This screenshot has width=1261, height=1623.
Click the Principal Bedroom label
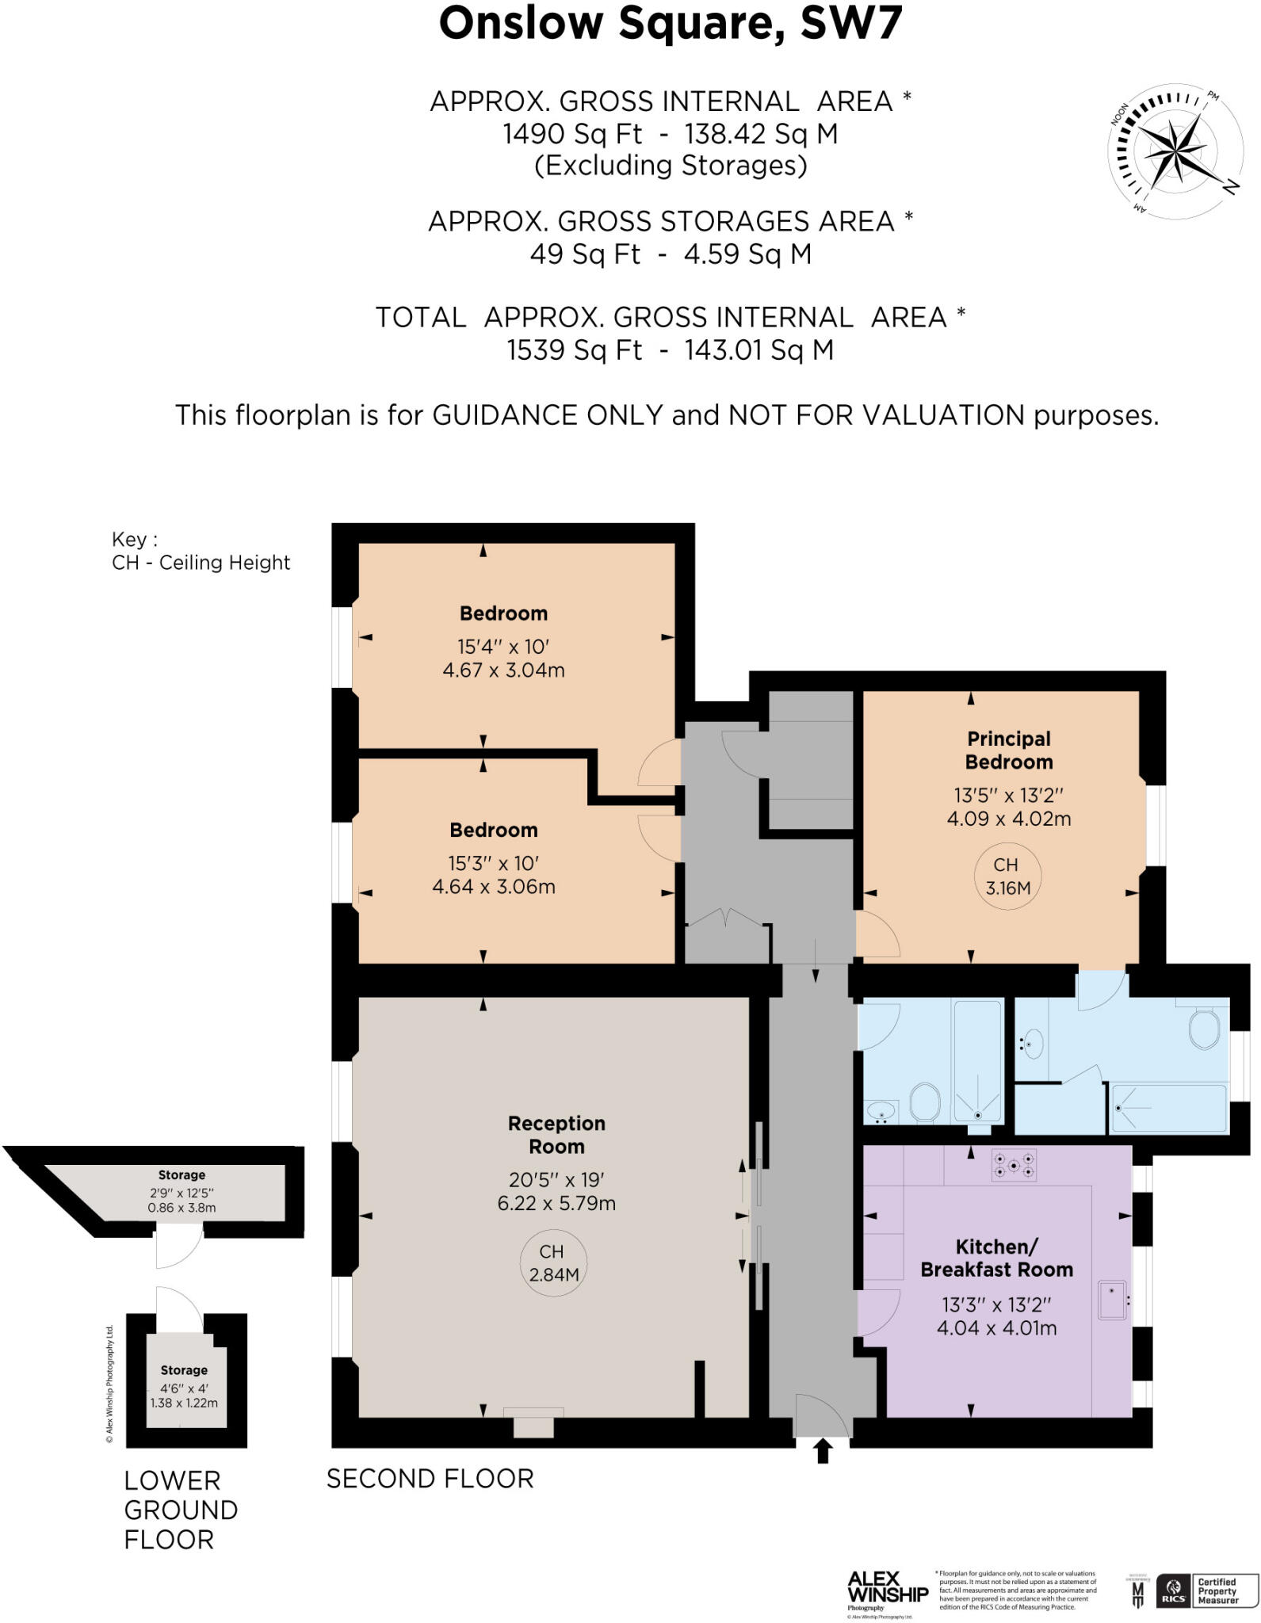(1008, 750)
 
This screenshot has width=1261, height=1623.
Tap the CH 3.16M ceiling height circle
(1007, 876)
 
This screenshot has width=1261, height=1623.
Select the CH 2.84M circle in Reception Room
(553, 1262)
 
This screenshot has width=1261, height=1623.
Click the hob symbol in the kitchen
(1014, 1165)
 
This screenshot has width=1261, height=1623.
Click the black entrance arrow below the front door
(823, 1451)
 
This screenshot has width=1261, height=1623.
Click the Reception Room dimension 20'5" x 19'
(556, 1179)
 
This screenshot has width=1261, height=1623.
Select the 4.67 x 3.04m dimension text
(503, 670)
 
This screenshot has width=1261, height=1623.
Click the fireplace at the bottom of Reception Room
(533, 1423)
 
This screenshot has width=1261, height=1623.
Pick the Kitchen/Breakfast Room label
(996, 1258)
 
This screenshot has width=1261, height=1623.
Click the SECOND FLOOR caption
(430, 1479)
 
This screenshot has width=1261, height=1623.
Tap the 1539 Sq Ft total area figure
(574, 349)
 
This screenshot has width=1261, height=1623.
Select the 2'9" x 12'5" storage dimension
(182, 1193)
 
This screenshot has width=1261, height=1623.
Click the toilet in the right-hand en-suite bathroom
(1204, 1029)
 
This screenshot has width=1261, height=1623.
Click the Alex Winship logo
(887, 1589)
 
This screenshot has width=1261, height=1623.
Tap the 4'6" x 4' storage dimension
(184, 1388)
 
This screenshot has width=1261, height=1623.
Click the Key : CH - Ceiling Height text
(201, 552)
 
